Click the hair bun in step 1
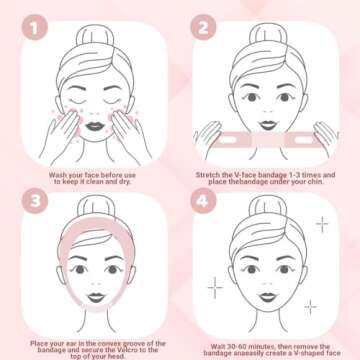coord(94,34)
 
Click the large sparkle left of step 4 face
coord(215,287)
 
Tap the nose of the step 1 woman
coord(94,116)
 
